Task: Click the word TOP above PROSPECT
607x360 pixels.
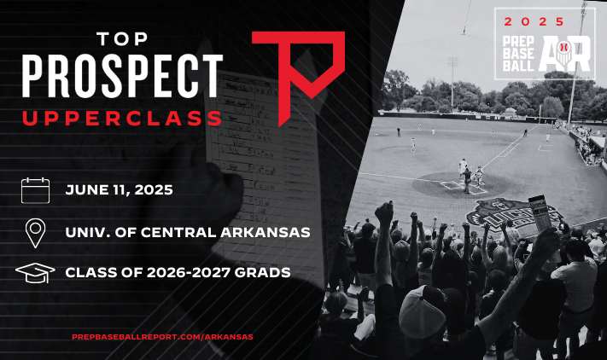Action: pyautogui.click(x=122, y=39)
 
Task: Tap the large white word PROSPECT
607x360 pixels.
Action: pyautogui.click(x=122, y=76)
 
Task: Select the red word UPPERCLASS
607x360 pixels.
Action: pyautogui.click(x=122, y=119)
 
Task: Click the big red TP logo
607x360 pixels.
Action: pyautogui.click(x=298, y=78)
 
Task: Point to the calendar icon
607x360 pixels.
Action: pyautogui.click(x=35, y=190)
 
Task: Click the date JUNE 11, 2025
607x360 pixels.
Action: pyautogui.click(x=120, y=190)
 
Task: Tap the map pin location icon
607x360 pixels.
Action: pyautogui.click(x=35, y=233)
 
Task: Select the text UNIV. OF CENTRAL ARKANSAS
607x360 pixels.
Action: pyautogui.click(x=188, y=232)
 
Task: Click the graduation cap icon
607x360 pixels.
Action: pyautogui.click(x=35, y=273)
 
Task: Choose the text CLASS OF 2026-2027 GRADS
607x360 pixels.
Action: pyautogui.click(x=178, y=273)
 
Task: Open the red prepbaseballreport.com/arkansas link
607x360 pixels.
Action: pyautogui.click(x=162, y=337)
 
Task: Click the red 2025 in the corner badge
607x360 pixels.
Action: pyautogui.click(x=534, y=21)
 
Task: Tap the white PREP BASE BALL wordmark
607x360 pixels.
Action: pyautogui.click(x=518, y=54)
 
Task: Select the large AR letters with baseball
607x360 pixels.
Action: pyautogui.click(x=565, y=54)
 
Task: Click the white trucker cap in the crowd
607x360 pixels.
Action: pyautogui.click(x=422, y=312)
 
